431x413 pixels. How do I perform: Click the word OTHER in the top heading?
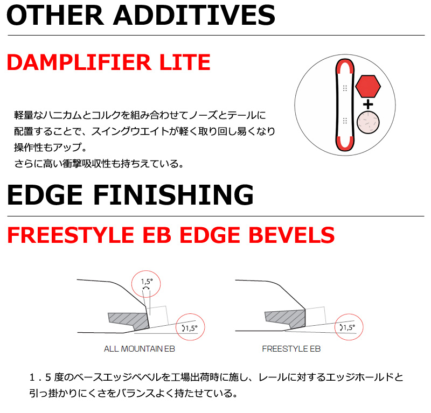[x=55, y=15]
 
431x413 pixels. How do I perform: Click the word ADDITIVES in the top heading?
[x=194, y=15]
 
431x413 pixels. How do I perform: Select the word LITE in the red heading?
[x=185, y=62]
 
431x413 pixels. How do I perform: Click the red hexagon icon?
[x=368, y=86]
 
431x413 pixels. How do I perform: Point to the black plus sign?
[x=368, y=104]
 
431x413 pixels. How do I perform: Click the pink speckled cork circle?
[x=368, y=122]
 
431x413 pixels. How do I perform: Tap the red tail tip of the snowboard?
[x=345, y=144]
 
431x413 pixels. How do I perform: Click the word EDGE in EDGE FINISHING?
[x=45, y=195]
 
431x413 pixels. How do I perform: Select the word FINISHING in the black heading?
[x=173, y=195]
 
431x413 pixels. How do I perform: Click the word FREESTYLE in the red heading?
[x=71, y=235]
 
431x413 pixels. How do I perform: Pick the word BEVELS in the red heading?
[x=291, y=235]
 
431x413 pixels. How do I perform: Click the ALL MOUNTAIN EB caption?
[x=140, y=349]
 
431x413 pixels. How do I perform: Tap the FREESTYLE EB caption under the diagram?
[x=291, y=349]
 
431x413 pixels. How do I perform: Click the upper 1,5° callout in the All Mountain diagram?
[x=147, y=282]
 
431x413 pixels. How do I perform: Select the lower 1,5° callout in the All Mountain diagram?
[x=190, y=328]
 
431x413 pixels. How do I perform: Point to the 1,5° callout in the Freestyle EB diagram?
[x=347, y=327]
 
